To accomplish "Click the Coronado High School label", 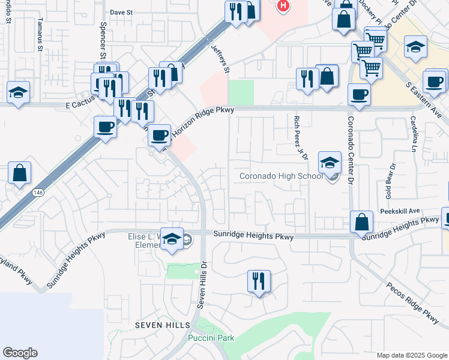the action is [x=281, y=176].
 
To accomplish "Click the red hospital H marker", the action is [x=283, y=5].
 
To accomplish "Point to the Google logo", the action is [x=20, y=353].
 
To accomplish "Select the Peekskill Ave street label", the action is [x=400, y=212].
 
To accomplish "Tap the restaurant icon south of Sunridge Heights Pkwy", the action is [x=259, y=281].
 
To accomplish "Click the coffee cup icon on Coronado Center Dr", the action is [x=359, y=94].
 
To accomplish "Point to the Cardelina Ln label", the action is [x=414, y=132].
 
